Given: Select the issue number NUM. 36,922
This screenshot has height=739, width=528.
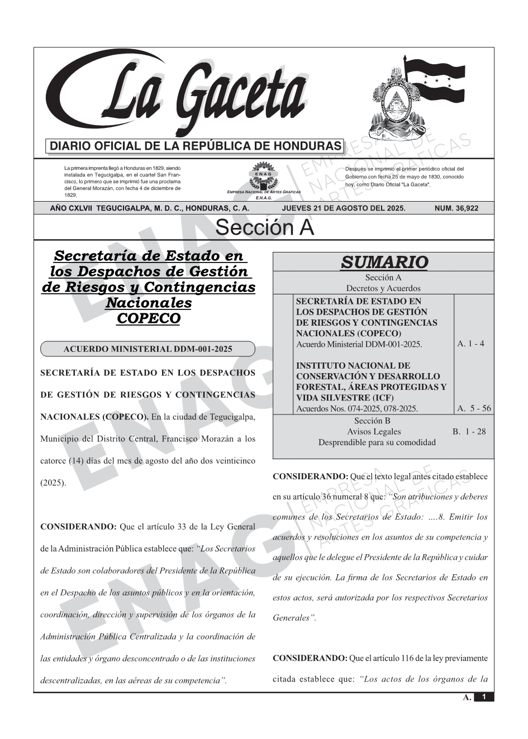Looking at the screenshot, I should point(456,208).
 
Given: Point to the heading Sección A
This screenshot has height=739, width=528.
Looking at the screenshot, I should point(264,228).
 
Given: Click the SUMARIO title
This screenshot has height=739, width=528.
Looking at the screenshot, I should point(384,262).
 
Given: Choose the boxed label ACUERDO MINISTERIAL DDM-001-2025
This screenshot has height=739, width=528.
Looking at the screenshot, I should point(148,350).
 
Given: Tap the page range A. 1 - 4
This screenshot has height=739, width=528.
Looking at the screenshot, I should point(470,344).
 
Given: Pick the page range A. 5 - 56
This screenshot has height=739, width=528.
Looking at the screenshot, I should point(474,408).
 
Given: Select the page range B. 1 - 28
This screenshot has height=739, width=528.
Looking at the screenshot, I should point(469,431).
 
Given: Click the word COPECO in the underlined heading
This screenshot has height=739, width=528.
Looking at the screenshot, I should point(148,318).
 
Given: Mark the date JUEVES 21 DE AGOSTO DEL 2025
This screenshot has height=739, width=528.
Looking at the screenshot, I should point(344,208).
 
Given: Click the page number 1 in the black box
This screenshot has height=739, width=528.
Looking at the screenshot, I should point(484,697).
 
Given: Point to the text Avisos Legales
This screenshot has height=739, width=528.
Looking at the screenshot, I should point(374,431).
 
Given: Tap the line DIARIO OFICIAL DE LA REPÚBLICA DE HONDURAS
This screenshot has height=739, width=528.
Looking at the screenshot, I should point(195,146).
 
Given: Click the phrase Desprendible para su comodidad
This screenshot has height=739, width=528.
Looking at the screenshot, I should point(377,442).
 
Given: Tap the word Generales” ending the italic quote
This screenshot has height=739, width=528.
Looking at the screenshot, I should point(294,618).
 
